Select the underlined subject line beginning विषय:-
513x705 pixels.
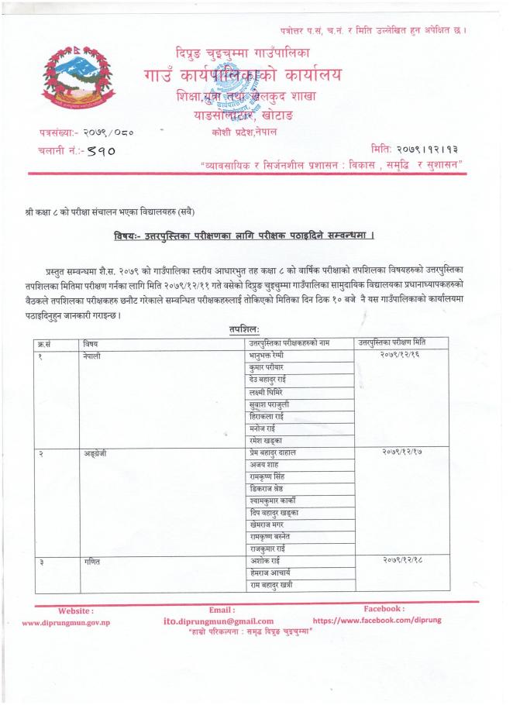point(254,234)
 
